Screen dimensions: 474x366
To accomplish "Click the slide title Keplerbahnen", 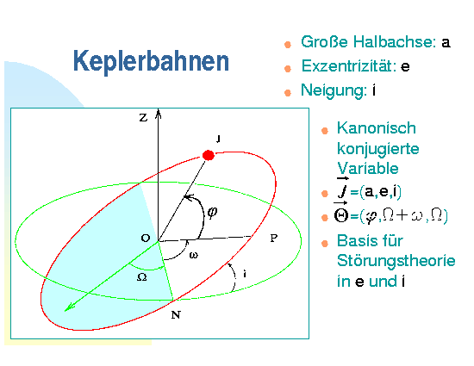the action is click(x=151, y=61).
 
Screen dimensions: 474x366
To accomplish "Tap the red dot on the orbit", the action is click(x=209, y=155).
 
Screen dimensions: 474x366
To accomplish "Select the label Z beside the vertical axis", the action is click(x=143, y=117).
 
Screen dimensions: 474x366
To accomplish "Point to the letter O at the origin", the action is click(x=146, y=238).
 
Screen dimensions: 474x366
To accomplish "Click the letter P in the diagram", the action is click(x=273, y=238).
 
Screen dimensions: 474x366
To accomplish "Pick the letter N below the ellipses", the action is click(x=176, y=315).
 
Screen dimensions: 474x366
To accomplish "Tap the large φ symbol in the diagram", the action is click(x=212, y=213).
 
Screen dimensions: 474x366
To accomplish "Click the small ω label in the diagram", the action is click(x=193, y=255).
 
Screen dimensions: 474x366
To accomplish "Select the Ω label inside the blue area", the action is click(x=142, y=277).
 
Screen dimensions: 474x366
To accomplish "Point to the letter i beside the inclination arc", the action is click(x=245, y=274).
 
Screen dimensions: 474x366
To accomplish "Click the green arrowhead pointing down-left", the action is click(x=69, y=307).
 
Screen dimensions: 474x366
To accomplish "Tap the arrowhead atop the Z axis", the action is click(x=158, y=114).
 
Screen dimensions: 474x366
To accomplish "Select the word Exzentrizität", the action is click(x=349, y=65).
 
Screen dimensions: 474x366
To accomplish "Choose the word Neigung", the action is click(x=334, y=90).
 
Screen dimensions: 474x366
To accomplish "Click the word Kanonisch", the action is click(x=377, y=128).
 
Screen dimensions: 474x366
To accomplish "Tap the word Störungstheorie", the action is click(x=396, y=261).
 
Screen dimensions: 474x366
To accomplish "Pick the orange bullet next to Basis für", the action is click(x=325, y=244).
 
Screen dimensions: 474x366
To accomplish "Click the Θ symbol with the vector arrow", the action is click(x=341, y=214).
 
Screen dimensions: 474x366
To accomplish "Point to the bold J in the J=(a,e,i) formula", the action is click(x=343, y=189).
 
